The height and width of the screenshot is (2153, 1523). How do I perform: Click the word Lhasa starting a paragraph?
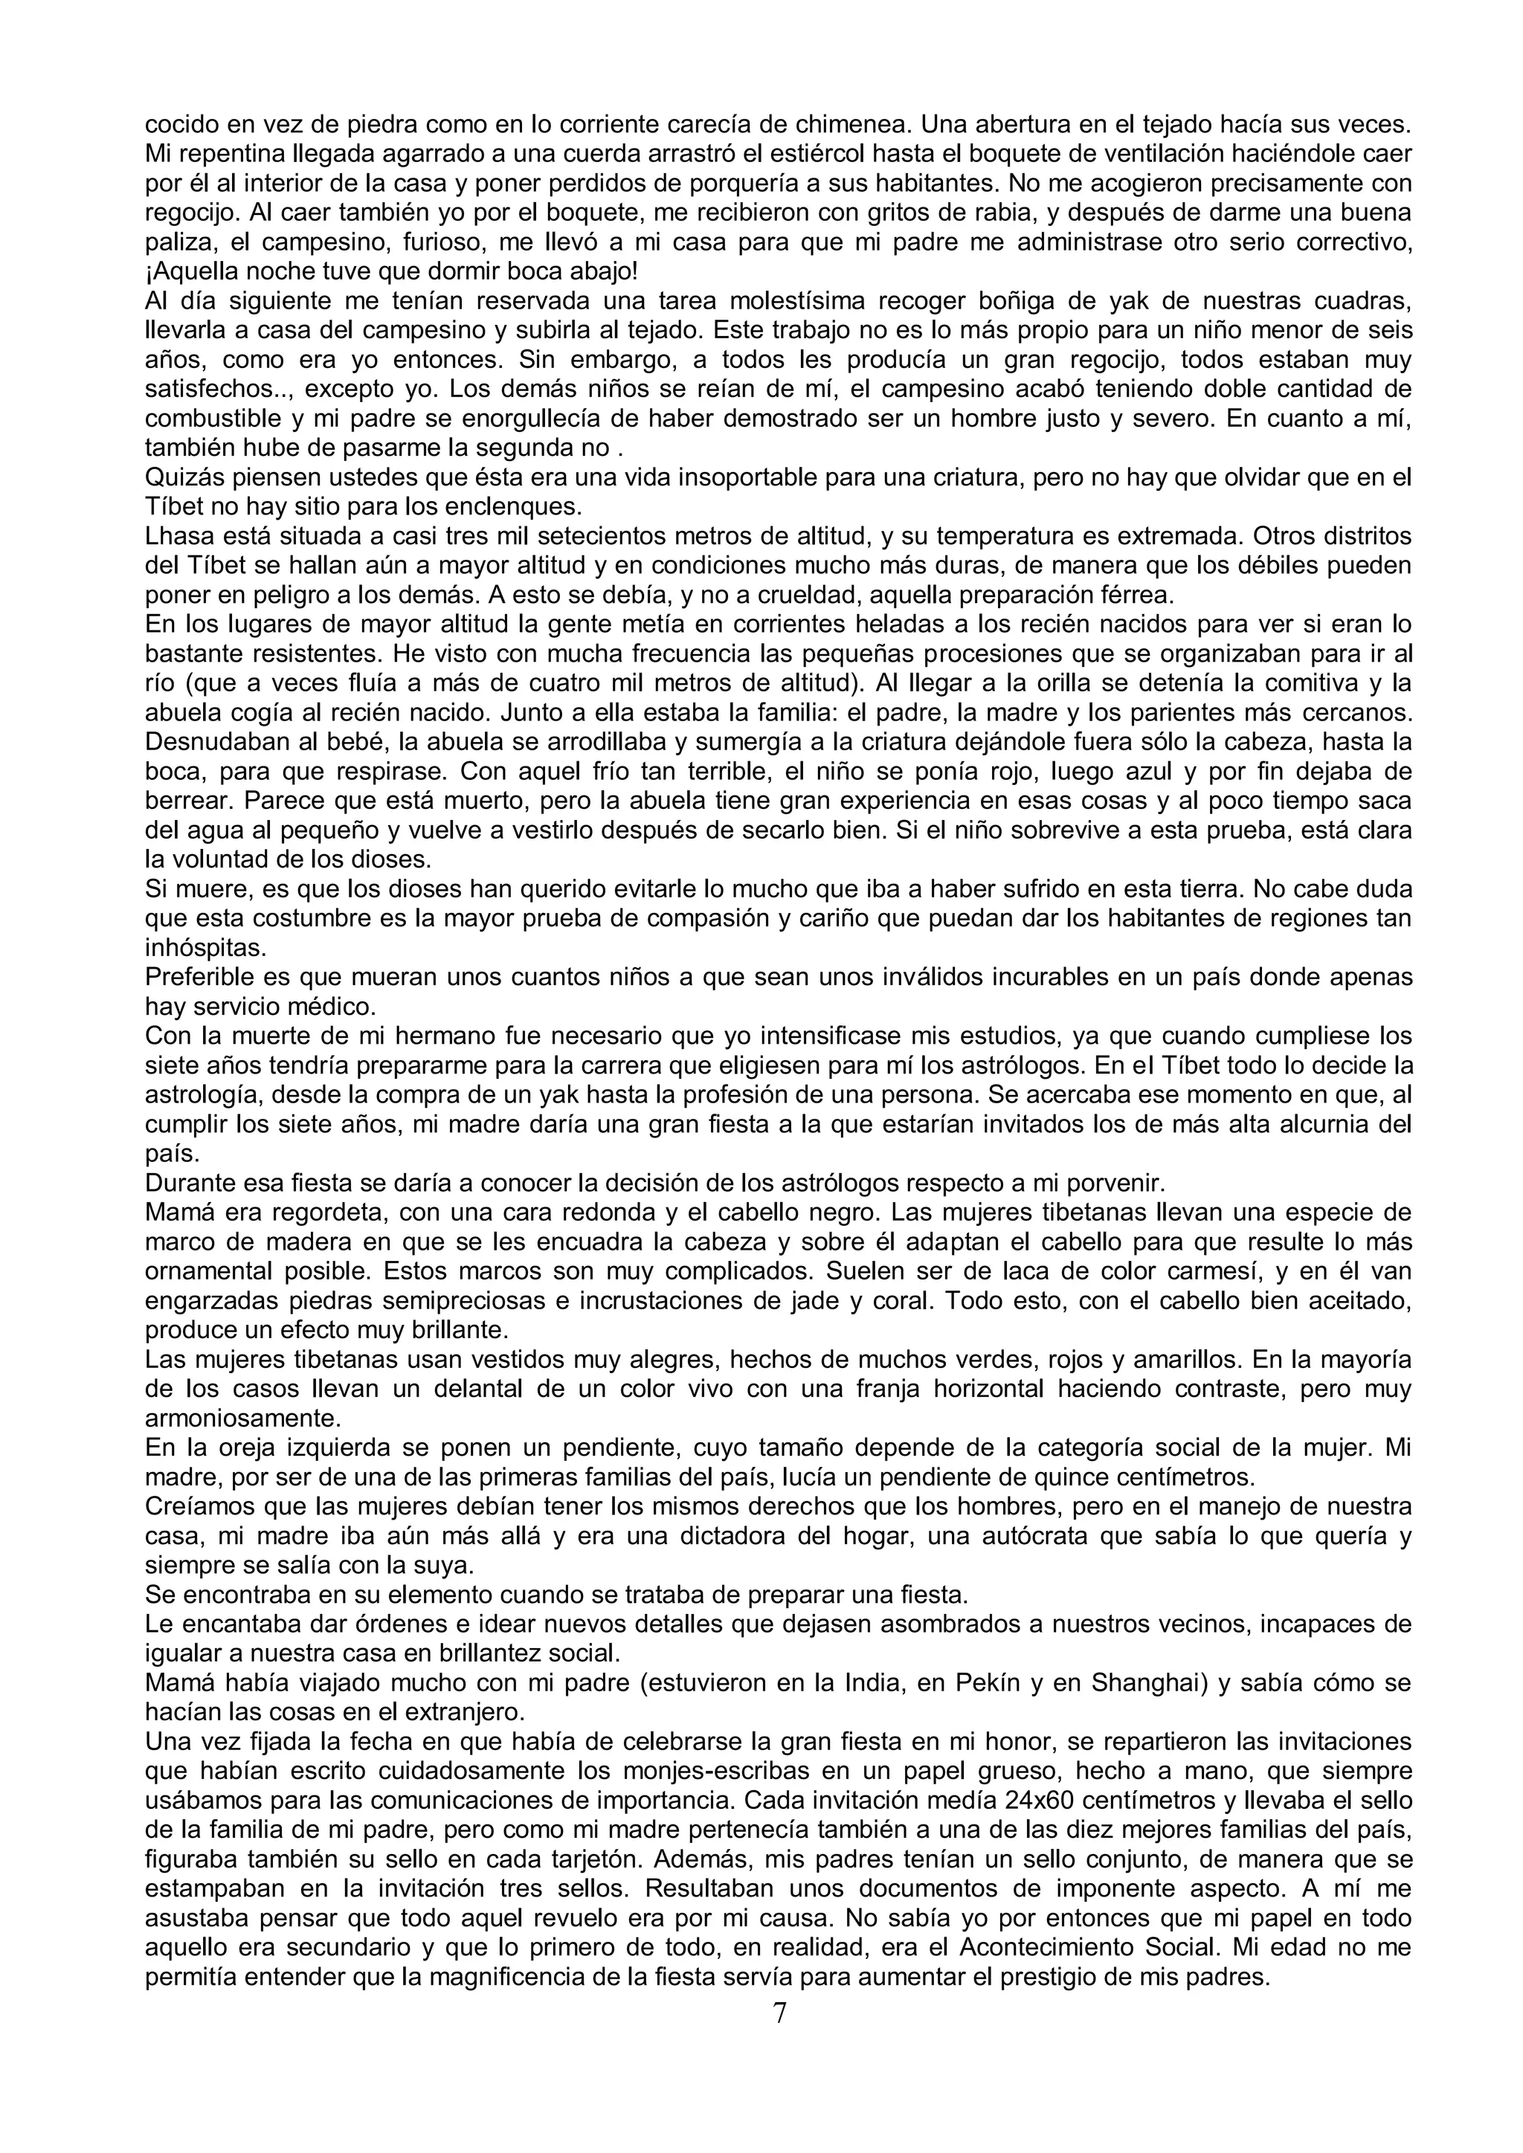175,536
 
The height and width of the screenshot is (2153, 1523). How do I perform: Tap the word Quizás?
182,477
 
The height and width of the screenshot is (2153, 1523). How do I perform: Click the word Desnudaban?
215,743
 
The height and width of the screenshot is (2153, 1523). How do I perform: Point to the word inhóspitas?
193,949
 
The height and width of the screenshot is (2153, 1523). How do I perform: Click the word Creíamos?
193,1507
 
